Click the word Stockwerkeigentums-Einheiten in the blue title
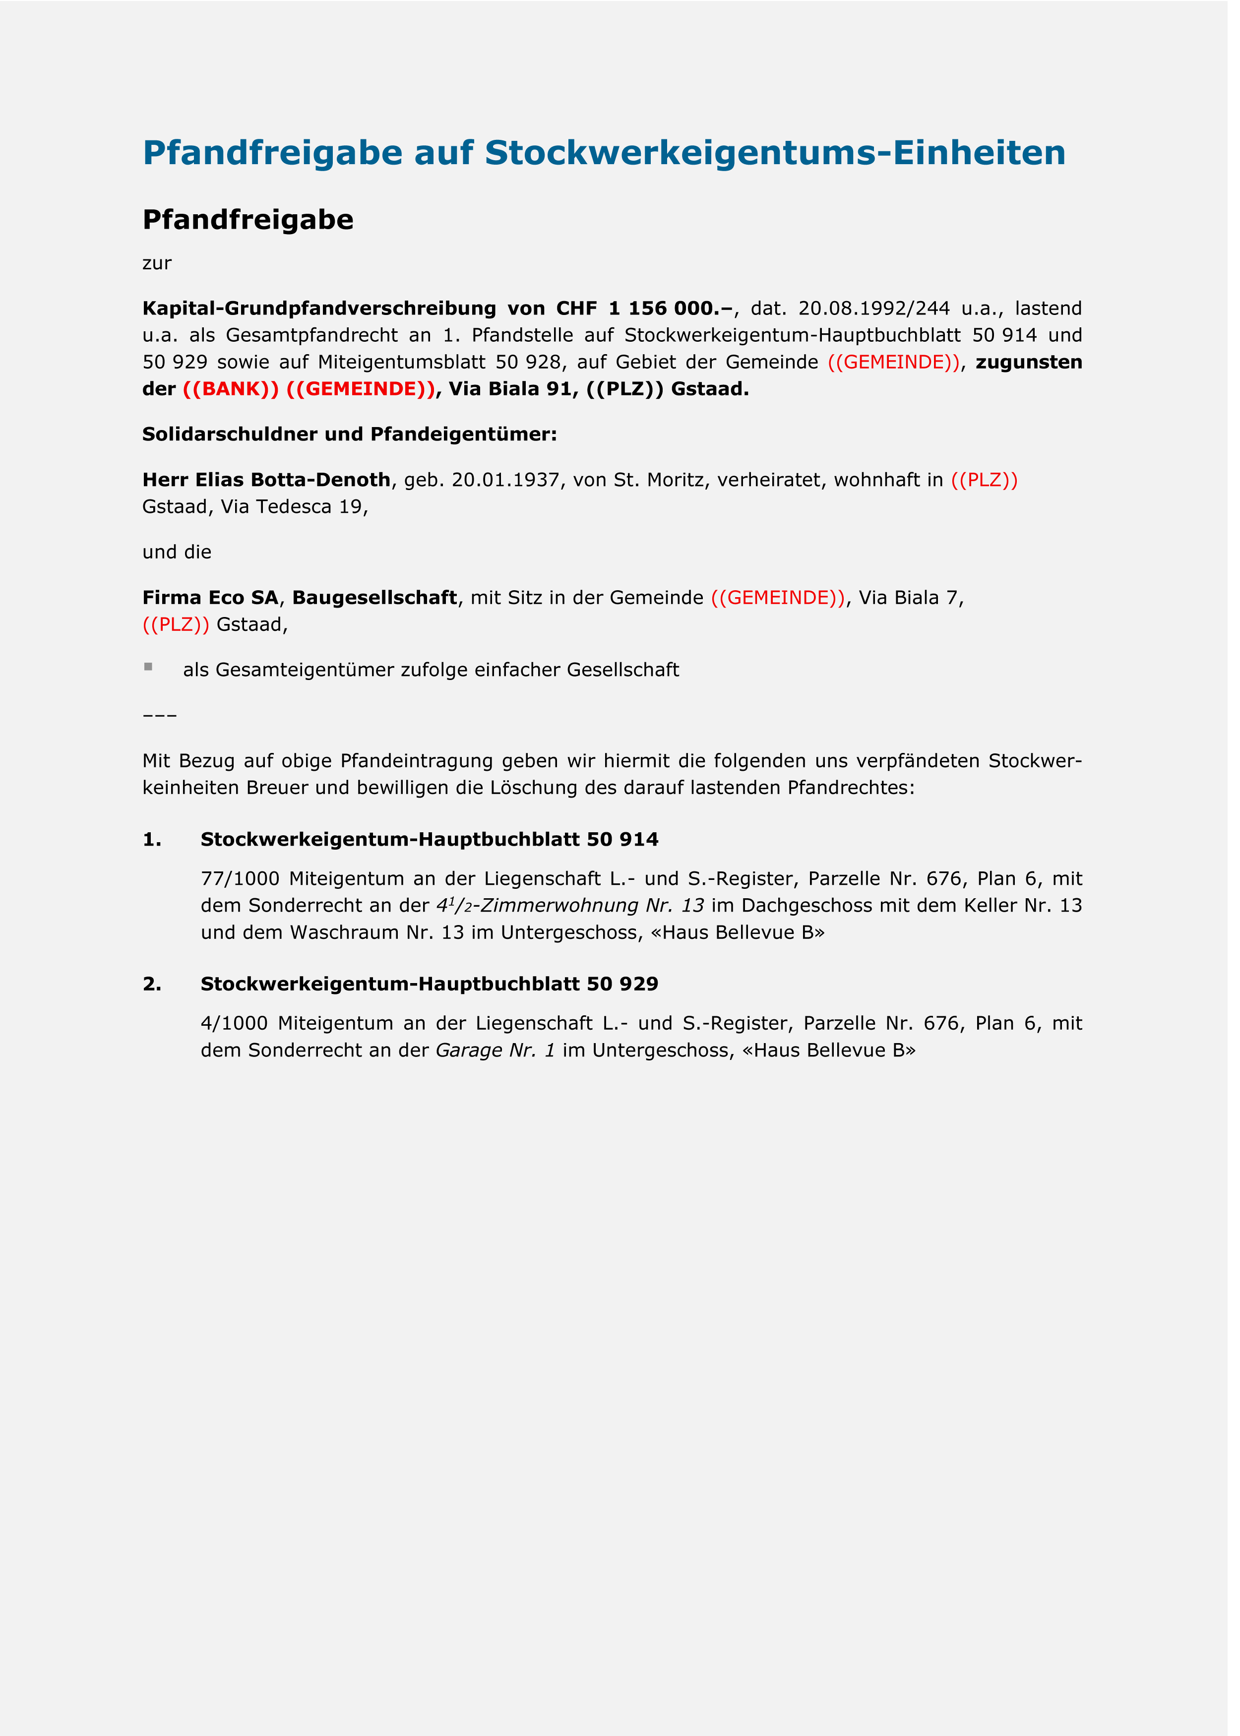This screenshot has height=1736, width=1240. pyautogui.click(x=774, y=153)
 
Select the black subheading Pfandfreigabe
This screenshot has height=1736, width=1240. pyautogui.click(x=248, y=220)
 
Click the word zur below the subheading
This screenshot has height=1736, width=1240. pyautogui.click(x=157, y=263)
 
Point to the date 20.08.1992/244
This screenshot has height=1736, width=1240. pyautogui.click(x=873, y=309)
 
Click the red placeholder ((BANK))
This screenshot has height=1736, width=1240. pyautogui.click(x=231, y=389)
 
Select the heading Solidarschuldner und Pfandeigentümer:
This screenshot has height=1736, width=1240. pyautogui.click(x=349, y=434)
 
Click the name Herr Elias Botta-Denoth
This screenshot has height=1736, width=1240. pyautogui.click(x=266, y=480)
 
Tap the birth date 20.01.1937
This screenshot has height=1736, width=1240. pyautogui.click(x=505, y=480)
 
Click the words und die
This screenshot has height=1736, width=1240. pyautogui.click(x=177, y=552)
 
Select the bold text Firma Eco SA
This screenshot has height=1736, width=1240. pyautogui.click(x=210, y=598)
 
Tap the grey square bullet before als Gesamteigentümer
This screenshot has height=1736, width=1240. pyautogui.click(x=148, y=667)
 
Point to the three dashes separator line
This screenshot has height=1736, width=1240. pyautogui.click(x=160, y=715)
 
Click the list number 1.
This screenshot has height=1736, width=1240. pyautogui.click(x=152, y=840)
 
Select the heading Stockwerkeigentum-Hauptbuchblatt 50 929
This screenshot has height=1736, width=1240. pyautogui.click(x=429, y=984)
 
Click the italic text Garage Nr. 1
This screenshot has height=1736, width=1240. pyautogui.click(x=495, y=1051)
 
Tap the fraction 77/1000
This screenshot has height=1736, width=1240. pyautogui.click(x=240, y=879)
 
